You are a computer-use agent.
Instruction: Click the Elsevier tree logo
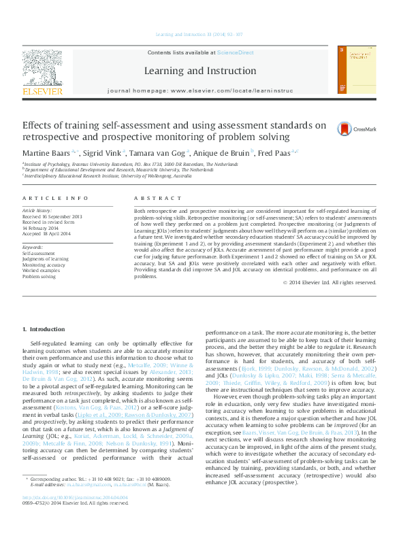tap(42, 67)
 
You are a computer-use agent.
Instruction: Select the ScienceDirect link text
tap(235, 52)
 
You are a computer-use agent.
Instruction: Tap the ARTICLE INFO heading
tap(55, 198)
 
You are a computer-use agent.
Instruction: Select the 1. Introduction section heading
tap(44, 329)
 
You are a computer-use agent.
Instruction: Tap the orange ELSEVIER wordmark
tap(42, 90)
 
